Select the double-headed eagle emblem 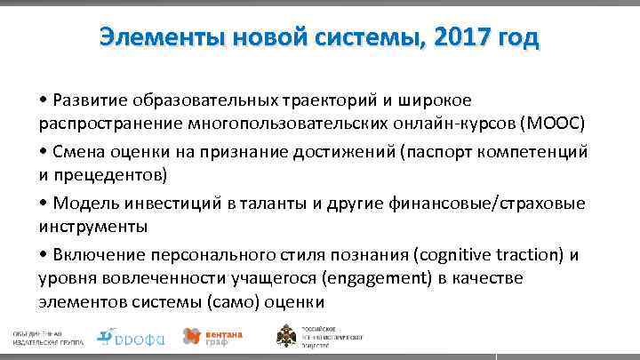pos(290,336)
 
